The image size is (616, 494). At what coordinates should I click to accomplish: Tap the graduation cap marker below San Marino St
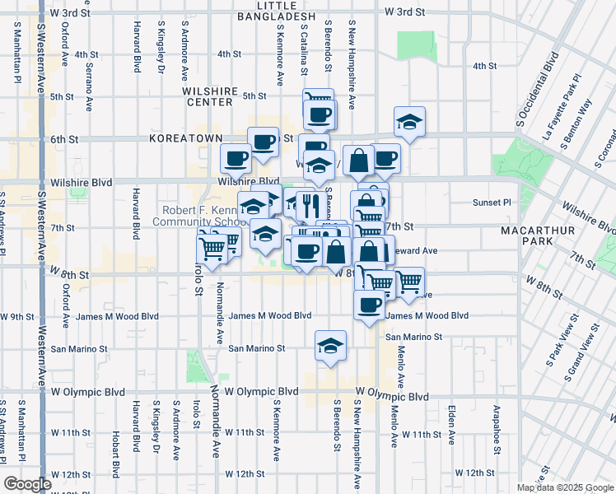pos(330,346)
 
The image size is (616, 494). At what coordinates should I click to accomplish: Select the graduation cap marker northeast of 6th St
pos(409,123)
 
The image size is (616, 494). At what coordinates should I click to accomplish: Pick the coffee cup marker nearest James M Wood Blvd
pos(369,305)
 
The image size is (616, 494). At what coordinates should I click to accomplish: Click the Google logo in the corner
pos(27,484)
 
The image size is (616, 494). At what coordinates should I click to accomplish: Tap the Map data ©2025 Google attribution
pos(564,487)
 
